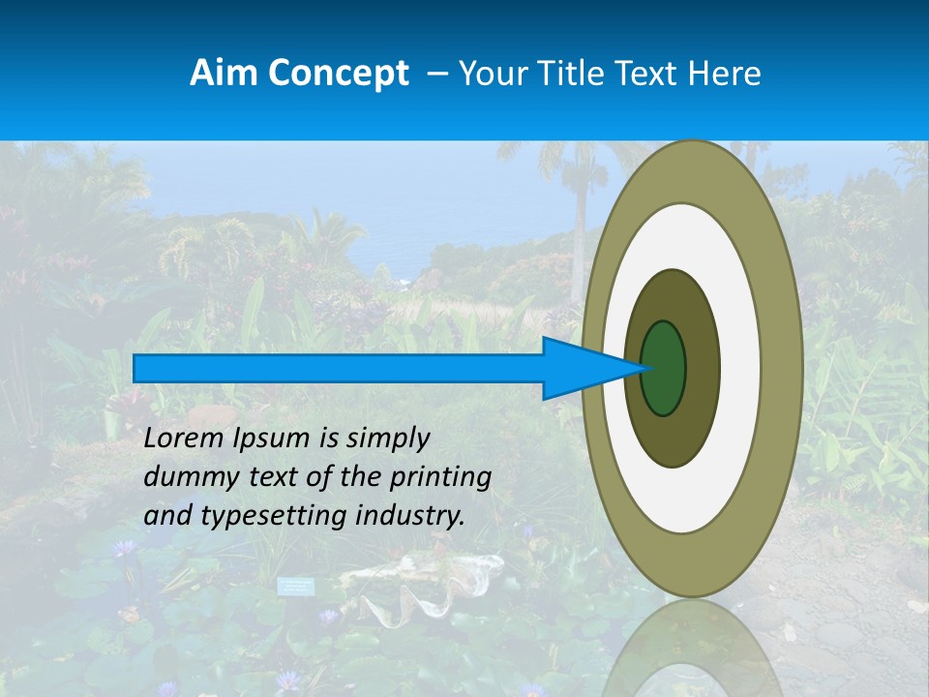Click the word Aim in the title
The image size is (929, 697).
[225, 74]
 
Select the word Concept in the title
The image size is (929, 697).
[338, 75]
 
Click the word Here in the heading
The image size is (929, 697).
[725, 74]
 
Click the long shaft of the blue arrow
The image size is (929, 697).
[339, 368]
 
